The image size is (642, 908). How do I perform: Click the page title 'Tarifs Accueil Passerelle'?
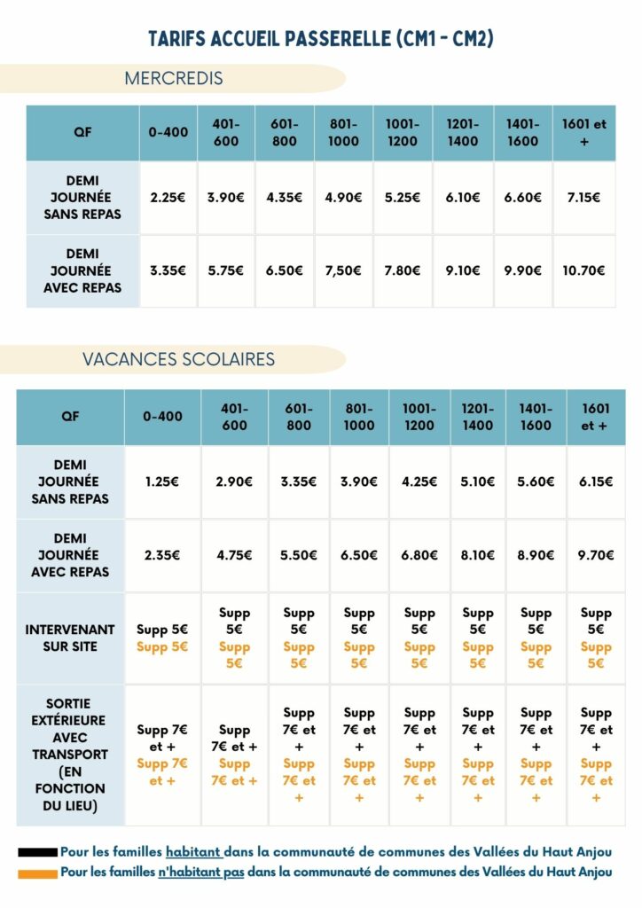[x=320, y=39]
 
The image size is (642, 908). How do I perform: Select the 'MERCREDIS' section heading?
[x=173, y=78]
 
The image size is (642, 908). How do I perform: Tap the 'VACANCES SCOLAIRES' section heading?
[x=178, y=359]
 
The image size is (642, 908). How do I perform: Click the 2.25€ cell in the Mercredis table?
[x=168, y=198]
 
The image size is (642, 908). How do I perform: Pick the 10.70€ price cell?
[x=583, y=270]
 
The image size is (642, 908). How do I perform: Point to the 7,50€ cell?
[x=343, y=270]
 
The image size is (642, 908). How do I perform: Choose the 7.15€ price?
[x=583, y=198]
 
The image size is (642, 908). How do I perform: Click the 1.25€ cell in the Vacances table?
[x=162, y=481]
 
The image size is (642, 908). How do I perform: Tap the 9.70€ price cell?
[x=596, y=555]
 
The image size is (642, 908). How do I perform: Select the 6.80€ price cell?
[x=419, y=555]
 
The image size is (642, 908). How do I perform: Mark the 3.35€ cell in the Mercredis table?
[x=168, y=270]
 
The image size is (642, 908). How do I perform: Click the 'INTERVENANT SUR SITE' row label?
[x=70, y=638]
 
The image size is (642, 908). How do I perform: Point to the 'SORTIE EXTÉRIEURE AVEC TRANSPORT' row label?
[x=70, y=755]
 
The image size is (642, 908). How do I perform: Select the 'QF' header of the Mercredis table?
[x=82, y=133]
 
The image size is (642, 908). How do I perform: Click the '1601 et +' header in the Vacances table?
[x=596, y=417]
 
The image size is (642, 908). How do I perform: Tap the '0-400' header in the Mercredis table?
[x=168, y=133]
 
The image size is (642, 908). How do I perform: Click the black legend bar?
[x=37, y=852]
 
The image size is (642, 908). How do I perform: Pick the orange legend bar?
[x=37, y=873]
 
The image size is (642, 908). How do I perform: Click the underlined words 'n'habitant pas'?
[x=201, y=873]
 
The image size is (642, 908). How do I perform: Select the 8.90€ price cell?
[x=536, y=555]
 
